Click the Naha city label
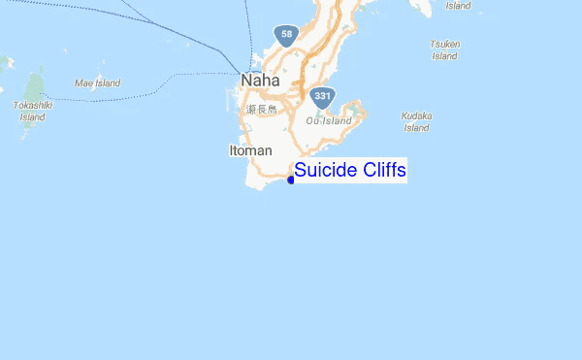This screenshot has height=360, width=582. tap(260, 82)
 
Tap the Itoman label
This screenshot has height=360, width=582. tap(250, 150)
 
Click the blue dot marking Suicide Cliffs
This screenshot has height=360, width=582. tap(291, 180)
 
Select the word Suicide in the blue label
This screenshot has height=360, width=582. tap(325, 171)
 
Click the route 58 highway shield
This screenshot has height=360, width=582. tap(285, 36)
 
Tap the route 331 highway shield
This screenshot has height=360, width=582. tap(323, 96)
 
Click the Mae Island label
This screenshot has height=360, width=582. tap(97, 83)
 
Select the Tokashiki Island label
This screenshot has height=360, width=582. tap(32, 111)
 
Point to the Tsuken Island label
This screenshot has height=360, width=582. tap(444, 49)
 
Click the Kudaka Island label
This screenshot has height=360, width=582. tap(416, 121)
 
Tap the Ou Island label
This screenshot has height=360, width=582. tap(328, 120)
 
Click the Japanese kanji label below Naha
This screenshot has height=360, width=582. tap(259, 110)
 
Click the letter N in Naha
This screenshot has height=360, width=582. tap(247, 82)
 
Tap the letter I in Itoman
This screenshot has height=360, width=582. tap(231, 150)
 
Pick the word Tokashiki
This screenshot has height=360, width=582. tap(32, 105)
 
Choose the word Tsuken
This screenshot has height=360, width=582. tap(444, 44)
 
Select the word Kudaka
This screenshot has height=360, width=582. tap(416, 115)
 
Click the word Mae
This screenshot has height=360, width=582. tap(84, 83)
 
